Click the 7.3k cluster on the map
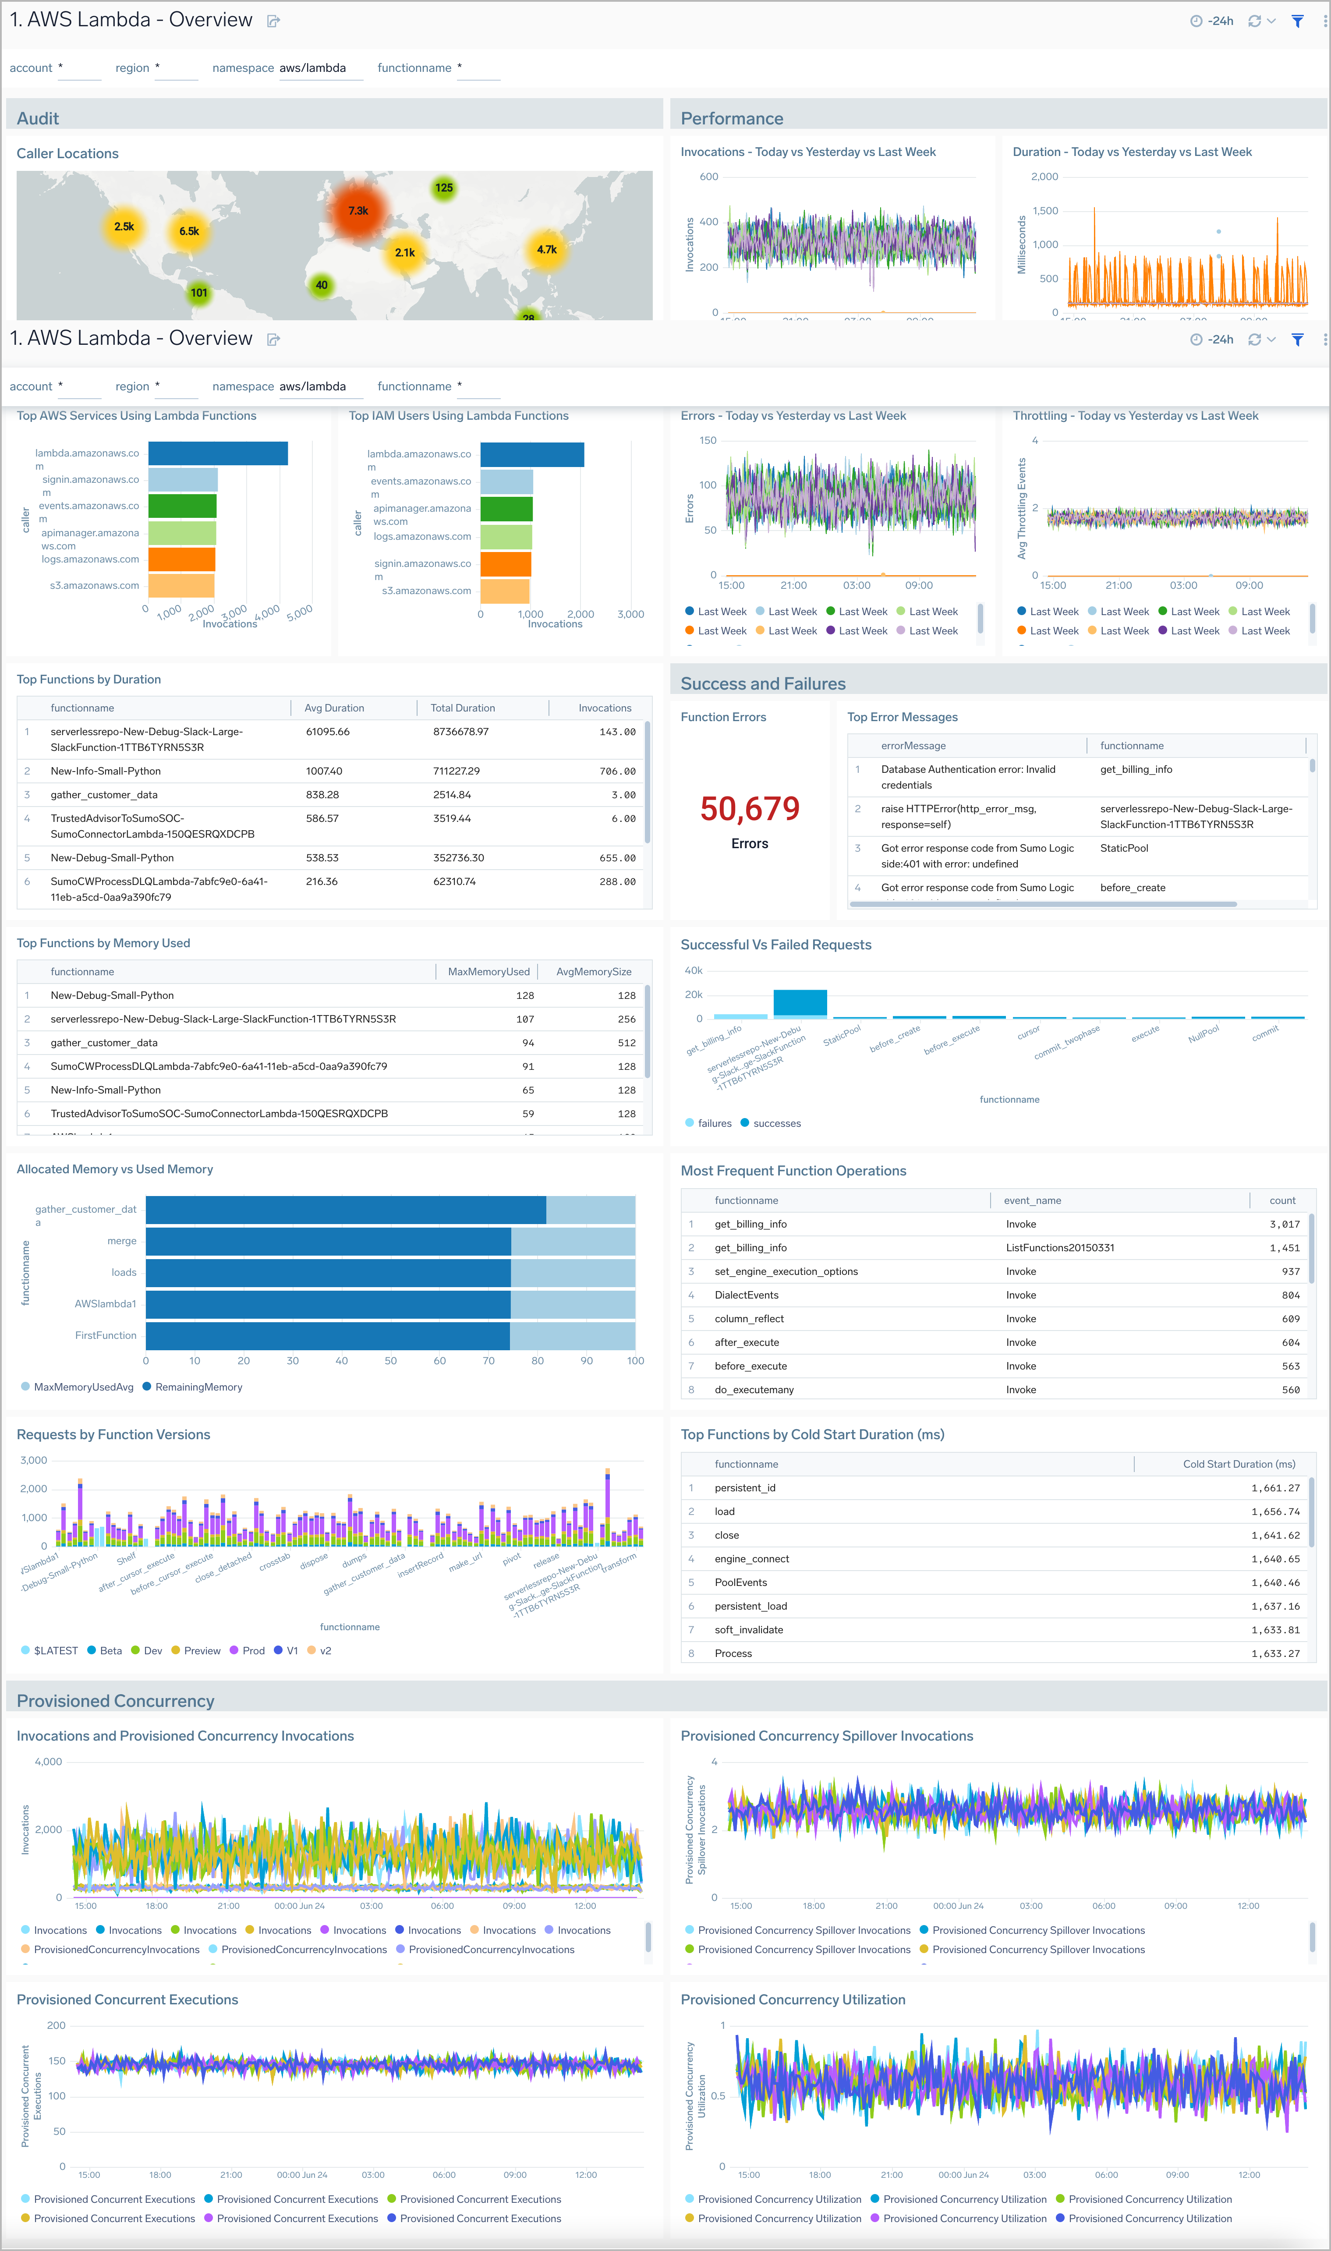click(358, 211)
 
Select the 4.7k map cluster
click(546, 249)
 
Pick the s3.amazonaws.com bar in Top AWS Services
click(181, 586)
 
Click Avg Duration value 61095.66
click(327, 732)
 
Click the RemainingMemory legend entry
click(198, 1387)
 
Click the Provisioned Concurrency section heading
click(116, 1701)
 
